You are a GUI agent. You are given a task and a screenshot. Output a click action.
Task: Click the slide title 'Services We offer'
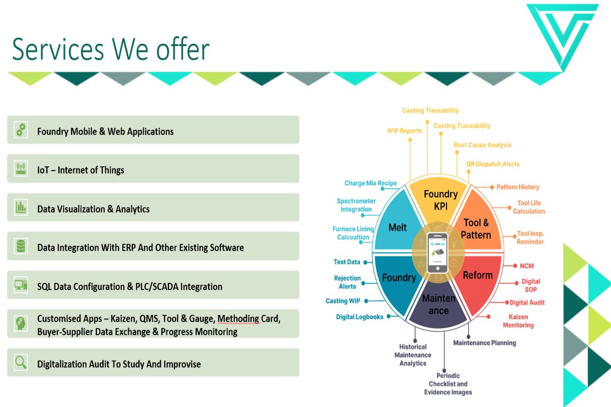[x=110, y=49]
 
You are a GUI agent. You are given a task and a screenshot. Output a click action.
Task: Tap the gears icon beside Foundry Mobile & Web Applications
[x=21, y=130]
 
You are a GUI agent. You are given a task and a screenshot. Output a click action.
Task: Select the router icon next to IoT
[x=21, y=168]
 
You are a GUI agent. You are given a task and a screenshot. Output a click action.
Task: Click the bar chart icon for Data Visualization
[x=21, y=207]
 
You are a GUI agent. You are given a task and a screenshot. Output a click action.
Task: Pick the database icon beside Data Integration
[x=21, y=246]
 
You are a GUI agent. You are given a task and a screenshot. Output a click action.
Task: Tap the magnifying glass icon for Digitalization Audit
[x=21, y=362]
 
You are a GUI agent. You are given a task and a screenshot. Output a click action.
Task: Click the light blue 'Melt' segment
[x=397, y=227]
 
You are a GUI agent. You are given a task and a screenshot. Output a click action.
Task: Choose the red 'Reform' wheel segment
[x=478, y=275]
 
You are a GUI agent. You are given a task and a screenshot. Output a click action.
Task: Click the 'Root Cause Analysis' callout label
[x=483, y=145]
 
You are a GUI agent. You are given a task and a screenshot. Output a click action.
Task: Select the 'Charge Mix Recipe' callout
[x=370, y=183]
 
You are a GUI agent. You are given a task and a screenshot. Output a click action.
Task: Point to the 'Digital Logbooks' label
[x=359, y=317]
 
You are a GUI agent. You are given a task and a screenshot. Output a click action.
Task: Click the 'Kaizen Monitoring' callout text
[x=518, y=321]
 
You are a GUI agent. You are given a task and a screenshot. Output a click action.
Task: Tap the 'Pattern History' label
[x=518, y=187]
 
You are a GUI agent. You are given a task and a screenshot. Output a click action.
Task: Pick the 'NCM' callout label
[x=526, y=266]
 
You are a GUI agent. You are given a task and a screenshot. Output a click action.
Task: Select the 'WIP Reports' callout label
[x=404, y=131]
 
